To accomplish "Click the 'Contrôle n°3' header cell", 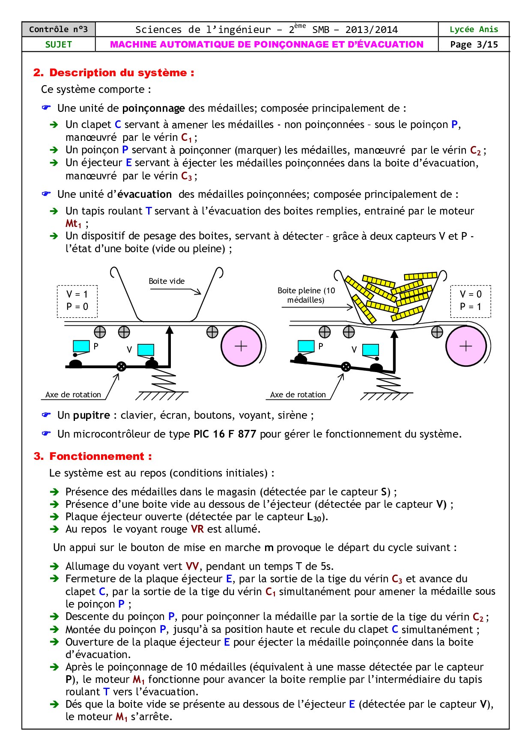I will pyautogui.click(x=58, y=30).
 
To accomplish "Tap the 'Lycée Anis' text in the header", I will pyautogui.click(x=474, y=30).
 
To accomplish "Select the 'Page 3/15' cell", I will pyautogui.click(x=474, y=45).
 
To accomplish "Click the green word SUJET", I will pyautogui.click(x=58, y=45).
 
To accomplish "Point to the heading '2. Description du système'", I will pyautogui.click(x=113, y=73).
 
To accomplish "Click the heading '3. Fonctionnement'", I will pyautogui.click(x=92, y=456).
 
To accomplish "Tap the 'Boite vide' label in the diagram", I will pyautogui.click(x=167, y=281).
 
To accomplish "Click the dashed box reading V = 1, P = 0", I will pyautogui.click(x=77, y=301).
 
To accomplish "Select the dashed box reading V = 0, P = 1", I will pyautogui.click(x=470, y=301).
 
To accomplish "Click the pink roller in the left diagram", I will pyautogui.click(x=241, y=346).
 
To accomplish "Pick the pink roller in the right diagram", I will pyautogui.click(x=465, y=346).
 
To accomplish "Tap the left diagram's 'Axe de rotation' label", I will pyautogui.click(x=73, y=395).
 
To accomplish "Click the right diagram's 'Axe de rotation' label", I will pyautogui.click(x=298, y=395).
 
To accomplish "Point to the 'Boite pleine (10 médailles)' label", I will pyautogui.click(x=306, y=295).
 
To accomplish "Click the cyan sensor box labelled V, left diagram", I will pyautogui.click(x=146, y=350).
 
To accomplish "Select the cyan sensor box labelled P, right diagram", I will pyautogui.click(x=306, y=346).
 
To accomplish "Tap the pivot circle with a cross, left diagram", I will pyautogui.click(x=121, y=367).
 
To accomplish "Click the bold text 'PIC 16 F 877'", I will pyautogui.click(x=224, y=434).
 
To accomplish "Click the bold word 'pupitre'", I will pyautogui.click(x=92, y=415).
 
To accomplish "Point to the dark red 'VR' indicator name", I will pyautogui.click(x=197, y=529).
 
